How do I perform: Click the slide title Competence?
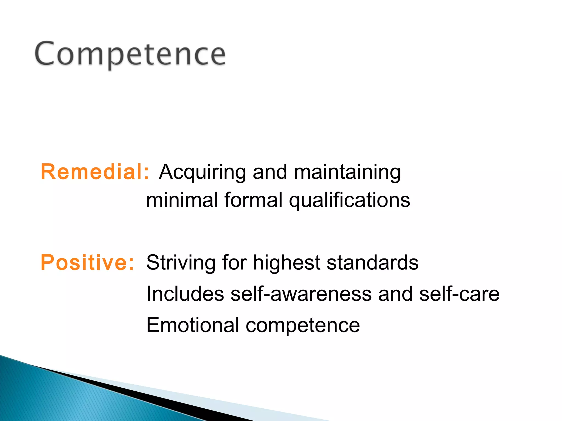point(130,54)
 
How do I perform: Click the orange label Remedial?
point(95,172)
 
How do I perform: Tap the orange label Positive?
point(87,262)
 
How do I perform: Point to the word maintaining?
point(347,172)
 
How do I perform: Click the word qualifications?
point(349,200)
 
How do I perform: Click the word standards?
point(372,262)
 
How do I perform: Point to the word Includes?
point(185,294)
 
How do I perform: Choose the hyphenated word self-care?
point(459,294)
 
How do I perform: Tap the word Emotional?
point(193,325)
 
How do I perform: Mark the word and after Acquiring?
point(269,172)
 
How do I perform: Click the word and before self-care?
point(395,294)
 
